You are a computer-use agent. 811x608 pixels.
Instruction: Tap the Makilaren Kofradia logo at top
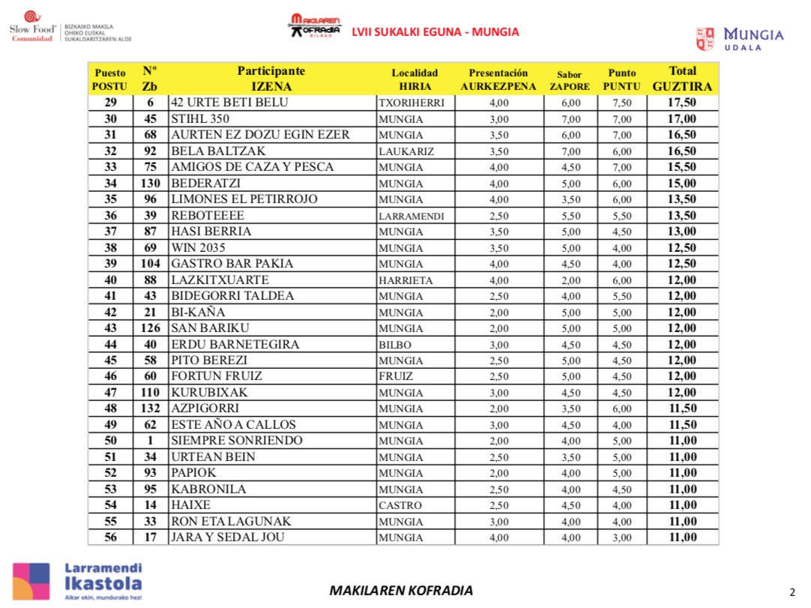tap(315, 25)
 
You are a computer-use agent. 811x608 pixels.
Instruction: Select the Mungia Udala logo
tap(740, 39)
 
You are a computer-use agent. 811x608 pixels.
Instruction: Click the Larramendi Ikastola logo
tap(77, 580)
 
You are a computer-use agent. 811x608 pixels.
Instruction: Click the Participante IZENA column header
tap(271, 79)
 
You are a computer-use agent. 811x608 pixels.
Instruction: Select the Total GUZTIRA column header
tap(682, 79)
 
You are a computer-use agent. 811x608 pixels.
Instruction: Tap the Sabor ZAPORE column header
tap(570, 80)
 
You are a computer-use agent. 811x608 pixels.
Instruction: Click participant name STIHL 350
tap(200, 119)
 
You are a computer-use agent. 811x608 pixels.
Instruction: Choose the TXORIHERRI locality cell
tap(411, 103)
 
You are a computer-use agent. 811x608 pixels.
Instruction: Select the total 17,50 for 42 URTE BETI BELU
tap(682, 103)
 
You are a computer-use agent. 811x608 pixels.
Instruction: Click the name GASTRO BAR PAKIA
tap(232, 264)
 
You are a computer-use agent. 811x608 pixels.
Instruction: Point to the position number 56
tap(110, 538)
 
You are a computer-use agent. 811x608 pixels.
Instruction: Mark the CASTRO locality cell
tap(400, 506)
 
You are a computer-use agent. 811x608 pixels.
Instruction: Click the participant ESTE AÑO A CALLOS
tap(234, 425)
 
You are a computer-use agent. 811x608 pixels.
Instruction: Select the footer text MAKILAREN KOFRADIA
tap(401, 591)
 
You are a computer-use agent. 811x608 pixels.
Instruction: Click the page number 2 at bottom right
tap(792, 592)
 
